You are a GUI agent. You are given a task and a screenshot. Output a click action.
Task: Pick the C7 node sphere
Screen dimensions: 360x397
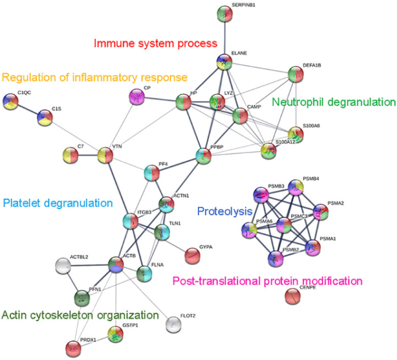tap(71, 155)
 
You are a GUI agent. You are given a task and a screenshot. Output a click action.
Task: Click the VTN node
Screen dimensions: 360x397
tap(106, 155)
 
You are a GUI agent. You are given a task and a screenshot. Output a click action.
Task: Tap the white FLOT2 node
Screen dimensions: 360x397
tap(173, 324)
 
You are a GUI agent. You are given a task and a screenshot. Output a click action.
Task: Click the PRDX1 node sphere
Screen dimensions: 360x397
tap(73, 349)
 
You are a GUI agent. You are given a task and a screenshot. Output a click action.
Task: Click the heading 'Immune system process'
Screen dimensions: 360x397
tap(155, 43)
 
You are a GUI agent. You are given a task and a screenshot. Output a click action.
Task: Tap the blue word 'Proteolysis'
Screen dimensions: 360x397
tap(224, 211)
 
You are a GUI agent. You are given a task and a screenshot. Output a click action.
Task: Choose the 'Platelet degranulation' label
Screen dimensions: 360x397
tap(58, 203)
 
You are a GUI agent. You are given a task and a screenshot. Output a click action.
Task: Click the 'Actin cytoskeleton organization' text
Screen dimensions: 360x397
tap(80, 316)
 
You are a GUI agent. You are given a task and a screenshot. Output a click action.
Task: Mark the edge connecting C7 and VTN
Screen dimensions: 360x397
tap(88, 155)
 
